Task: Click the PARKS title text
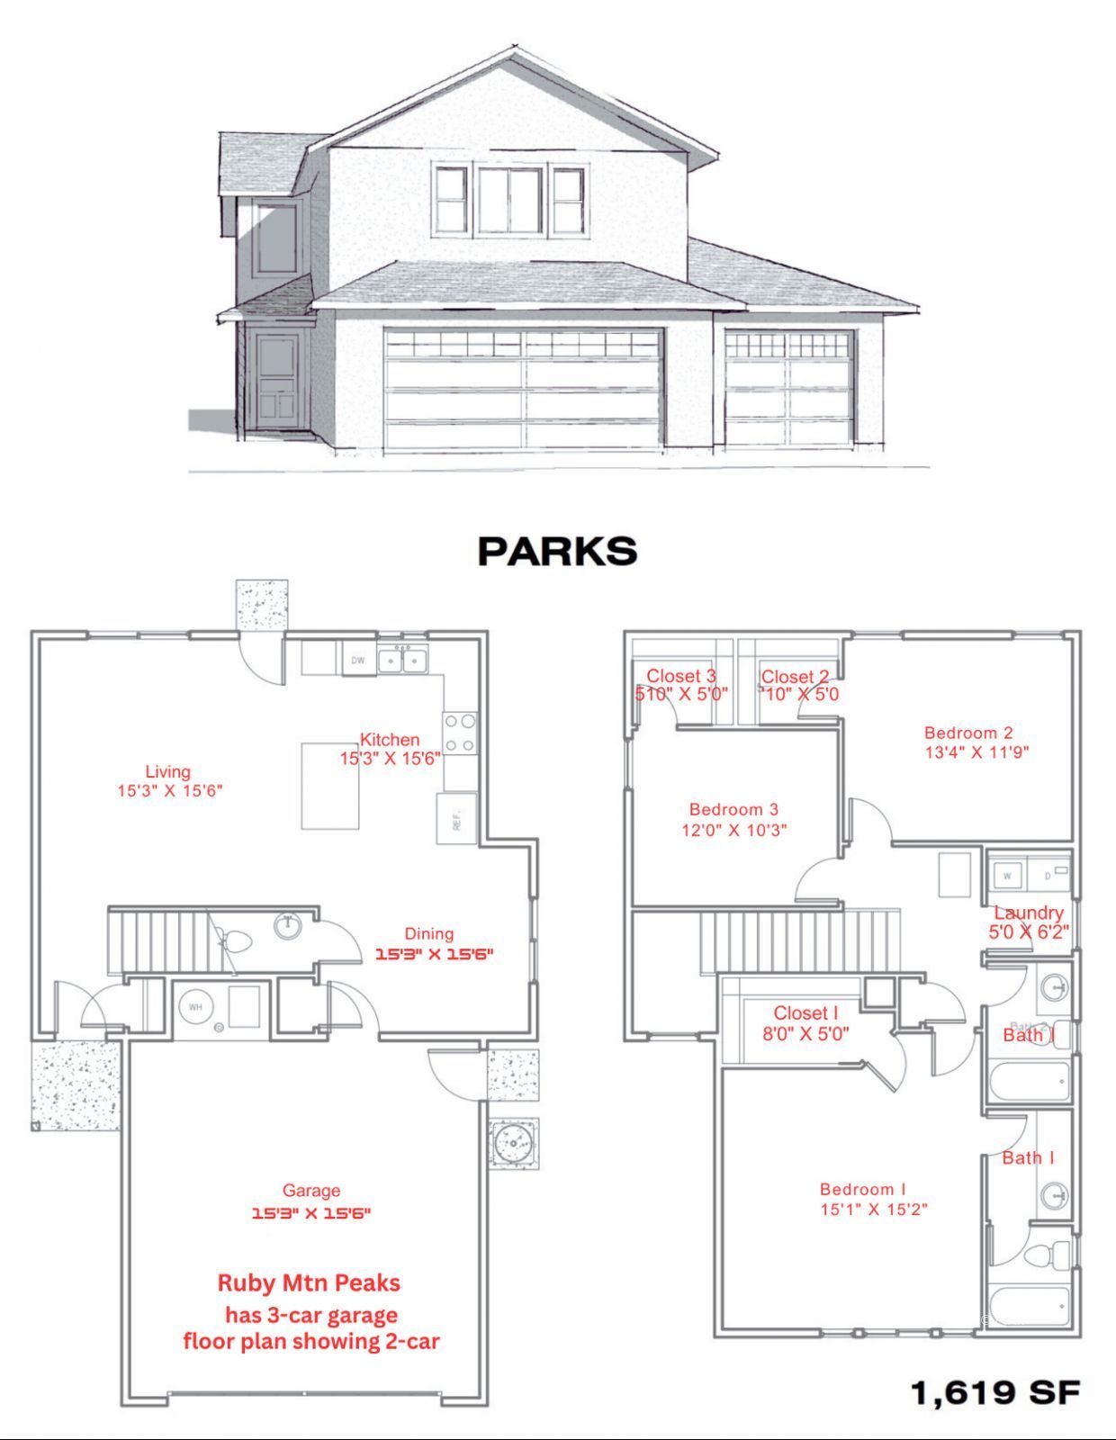[557, 551]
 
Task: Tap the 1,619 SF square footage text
[995, 1392]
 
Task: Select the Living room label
[168, 771]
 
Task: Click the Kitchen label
[390, 740]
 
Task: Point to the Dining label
[428, 933]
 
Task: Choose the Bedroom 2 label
[968, 733]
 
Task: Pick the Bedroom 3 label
[733, 809]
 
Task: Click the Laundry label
[1028, 913]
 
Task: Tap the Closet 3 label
[681, 676]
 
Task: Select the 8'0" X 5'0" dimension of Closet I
[805, 1034]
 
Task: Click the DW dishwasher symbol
[358, 661]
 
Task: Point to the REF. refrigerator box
[456, 818]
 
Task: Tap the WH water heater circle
[195, 1007]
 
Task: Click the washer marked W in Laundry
[1007, 875]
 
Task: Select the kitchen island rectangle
[330, 785]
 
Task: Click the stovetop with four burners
[460, 733]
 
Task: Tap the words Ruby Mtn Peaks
[309, 1282]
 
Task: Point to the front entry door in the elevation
[275, 381]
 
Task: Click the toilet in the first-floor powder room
[236, 942]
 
